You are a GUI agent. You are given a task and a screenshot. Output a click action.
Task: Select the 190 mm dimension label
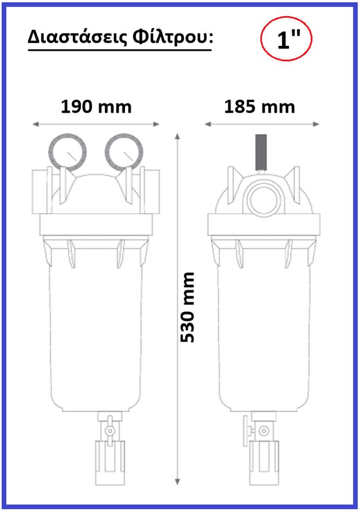point(96,107)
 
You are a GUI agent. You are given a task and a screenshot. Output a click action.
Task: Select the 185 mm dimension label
point(259,107)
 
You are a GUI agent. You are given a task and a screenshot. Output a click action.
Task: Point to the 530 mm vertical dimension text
point(188,307)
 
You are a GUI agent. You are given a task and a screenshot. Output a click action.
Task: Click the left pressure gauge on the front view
point(67,152)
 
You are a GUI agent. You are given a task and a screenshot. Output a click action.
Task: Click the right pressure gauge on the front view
point(124,152)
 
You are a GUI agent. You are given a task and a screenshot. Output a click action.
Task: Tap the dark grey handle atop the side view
point(260,152)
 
